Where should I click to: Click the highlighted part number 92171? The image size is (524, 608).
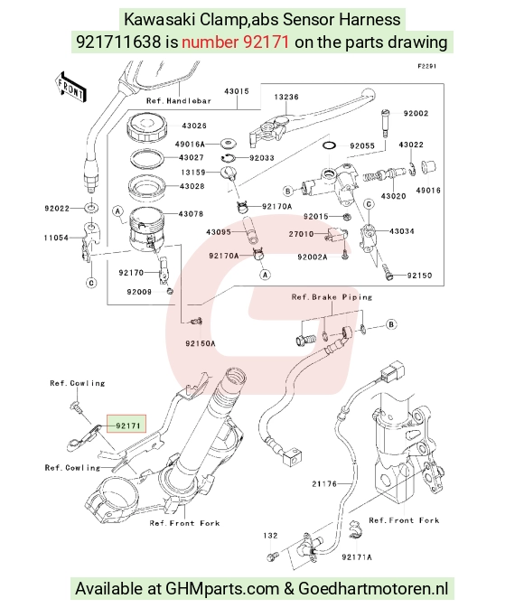(127, 426)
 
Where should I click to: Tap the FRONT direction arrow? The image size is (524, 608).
(70, 88)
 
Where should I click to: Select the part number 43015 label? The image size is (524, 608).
(236, 91)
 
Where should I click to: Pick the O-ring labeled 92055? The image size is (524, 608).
(329, 145)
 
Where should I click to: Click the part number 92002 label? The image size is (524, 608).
(416, 113)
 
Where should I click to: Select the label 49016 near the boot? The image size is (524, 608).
(428, 190)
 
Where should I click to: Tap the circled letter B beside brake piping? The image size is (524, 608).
(391, 324)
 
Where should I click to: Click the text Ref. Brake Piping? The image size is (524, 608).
(332, 297)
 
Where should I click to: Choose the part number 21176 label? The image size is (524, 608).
(324, 483)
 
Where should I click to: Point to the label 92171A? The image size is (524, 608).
(357, 557)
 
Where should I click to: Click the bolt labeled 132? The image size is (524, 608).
(271, 557)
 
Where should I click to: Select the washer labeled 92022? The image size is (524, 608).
(91, 208)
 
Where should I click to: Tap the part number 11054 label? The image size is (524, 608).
(56, 238)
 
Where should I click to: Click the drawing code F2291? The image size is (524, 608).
(427, 66)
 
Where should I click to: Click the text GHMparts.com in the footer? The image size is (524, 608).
(222, 589)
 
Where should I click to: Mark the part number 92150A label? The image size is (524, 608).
(201, 343)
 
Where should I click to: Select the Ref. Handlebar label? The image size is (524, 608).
(179, 101)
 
